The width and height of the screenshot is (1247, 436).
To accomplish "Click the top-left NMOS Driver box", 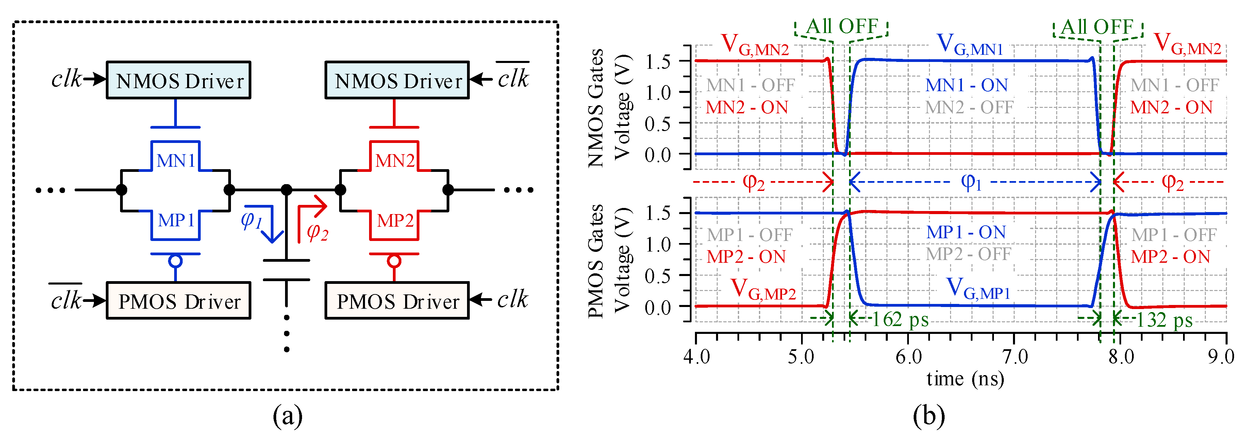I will (x=178, y=80).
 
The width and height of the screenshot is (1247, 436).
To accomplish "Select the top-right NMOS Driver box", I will (x=397, y=80).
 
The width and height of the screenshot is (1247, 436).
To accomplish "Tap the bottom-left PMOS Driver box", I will (x=178, y=301).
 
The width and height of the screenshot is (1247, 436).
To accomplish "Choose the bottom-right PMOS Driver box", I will (x=397, y=301).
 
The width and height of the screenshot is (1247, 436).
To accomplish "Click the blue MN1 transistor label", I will (x=176, y=160).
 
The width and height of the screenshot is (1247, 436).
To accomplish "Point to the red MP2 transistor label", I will (x=395, y=221).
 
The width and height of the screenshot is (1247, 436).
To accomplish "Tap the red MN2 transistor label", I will (x=395, y=160).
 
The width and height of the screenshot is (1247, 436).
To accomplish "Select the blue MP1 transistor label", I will (x=176, y=221).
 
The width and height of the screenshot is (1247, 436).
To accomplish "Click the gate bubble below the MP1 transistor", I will (x=175, y=261).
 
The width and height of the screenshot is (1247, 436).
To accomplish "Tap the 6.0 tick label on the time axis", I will (x=908, y=357).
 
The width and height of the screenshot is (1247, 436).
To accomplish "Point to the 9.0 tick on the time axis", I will (x=1220, y=357).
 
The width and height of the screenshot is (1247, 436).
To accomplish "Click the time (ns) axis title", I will (x=965, y=379).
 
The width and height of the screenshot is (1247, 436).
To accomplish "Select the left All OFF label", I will (x=841, y=26).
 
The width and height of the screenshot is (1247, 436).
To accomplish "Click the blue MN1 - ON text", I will (x=966, y=85).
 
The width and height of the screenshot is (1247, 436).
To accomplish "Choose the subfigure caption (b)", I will (x=929, y=416).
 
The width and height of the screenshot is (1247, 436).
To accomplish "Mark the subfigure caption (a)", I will (x=287, y=416).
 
